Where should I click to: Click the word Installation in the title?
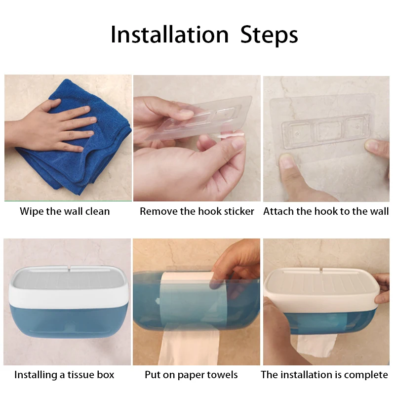pos(169,35)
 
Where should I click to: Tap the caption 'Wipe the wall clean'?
pos(65,211)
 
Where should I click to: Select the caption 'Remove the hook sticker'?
pos(197,211)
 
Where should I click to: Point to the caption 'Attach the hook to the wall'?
pos(326,211)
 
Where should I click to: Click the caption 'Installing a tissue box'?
pos(64,375)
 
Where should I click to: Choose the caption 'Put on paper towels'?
pos(191,375)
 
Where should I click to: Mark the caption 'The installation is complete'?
pos(324,375)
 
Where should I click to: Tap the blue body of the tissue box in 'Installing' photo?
pos(67,328)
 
